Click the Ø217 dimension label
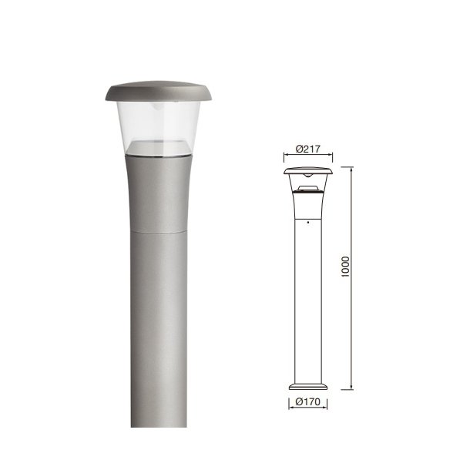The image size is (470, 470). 307,149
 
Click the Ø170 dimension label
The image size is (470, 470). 307,401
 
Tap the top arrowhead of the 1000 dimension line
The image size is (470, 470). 352,167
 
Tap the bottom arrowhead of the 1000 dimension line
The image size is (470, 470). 352,388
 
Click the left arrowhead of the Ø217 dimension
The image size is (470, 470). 286,159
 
